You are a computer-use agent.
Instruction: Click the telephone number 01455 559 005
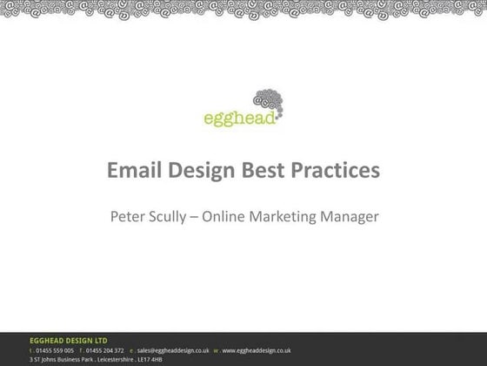[x=55, y=350]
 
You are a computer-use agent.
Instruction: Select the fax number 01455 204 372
[x=105, y=350]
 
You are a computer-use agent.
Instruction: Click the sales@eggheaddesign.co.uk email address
[x=173, y=350]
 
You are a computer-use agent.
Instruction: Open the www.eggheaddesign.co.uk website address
[x=256, y=350]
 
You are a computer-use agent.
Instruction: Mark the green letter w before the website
[x=215, y=350]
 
